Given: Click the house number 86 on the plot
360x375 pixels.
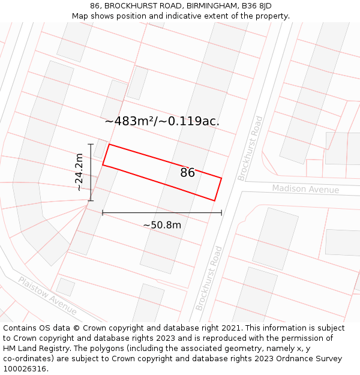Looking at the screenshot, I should [187, 173].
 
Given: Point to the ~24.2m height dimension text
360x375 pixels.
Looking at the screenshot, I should [79, 172].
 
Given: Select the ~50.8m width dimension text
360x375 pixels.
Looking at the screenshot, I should [162, 225].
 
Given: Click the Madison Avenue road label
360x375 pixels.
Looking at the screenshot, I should [305, 189].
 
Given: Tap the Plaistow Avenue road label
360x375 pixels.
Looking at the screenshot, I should [47, 296].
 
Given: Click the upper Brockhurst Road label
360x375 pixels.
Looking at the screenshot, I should [250, 148].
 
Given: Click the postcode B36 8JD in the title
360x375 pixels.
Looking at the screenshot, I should [256, 6].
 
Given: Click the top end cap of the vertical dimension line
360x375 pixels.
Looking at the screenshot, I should [91, 144].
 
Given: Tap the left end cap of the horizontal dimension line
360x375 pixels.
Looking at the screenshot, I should [103, 212].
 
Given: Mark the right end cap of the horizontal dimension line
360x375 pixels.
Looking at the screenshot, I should [221, 212].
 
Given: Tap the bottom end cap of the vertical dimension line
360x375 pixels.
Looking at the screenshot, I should [91, 200].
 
